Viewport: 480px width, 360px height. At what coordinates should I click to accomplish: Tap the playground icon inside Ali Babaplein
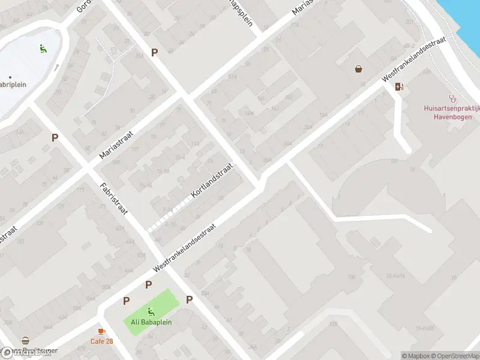(x=151, y=311)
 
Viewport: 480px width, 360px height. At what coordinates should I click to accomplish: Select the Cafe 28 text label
(x=101, y=341)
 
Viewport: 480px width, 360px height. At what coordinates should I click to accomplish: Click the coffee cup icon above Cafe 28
(x=101, y=331)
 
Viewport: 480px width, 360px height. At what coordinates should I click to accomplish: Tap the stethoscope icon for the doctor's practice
(x=453, y=98)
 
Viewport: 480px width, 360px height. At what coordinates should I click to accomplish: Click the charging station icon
(x=400, y=86)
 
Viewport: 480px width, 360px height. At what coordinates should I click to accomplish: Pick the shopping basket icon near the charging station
(x=358, y=69)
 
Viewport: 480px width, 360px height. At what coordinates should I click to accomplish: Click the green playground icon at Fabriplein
(x=43, y=49)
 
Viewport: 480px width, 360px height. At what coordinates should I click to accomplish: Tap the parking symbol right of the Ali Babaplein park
(x=189, y=300)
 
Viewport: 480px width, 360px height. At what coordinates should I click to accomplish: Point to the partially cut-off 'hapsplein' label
(x=238, y=11)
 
